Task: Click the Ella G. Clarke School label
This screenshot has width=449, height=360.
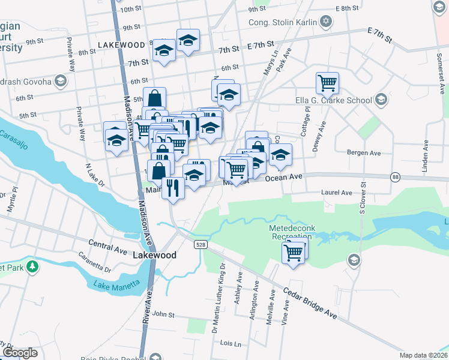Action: [x=334, y=100]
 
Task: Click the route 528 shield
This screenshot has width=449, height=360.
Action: [x=200, y=244]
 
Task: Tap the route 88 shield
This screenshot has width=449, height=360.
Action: [x=395, y=176]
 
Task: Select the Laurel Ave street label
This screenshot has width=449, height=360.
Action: [x=337, y=193]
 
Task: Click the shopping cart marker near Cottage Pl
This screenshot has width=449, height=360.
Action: [x=327, y=83]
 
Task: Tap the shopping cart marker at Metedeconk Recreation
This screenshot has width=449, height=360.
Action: [x=294, y=252]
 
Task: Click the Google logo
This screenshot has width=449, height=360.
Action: [x=20, y=353]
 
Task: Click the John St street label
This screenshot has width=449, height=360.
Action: [x=163, y=314]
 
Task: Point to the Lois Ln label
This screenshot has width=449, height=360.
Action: [x=231, y=344]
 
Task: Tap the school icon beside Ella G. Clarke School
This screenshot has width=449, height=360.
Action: [x=381, y=100]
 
